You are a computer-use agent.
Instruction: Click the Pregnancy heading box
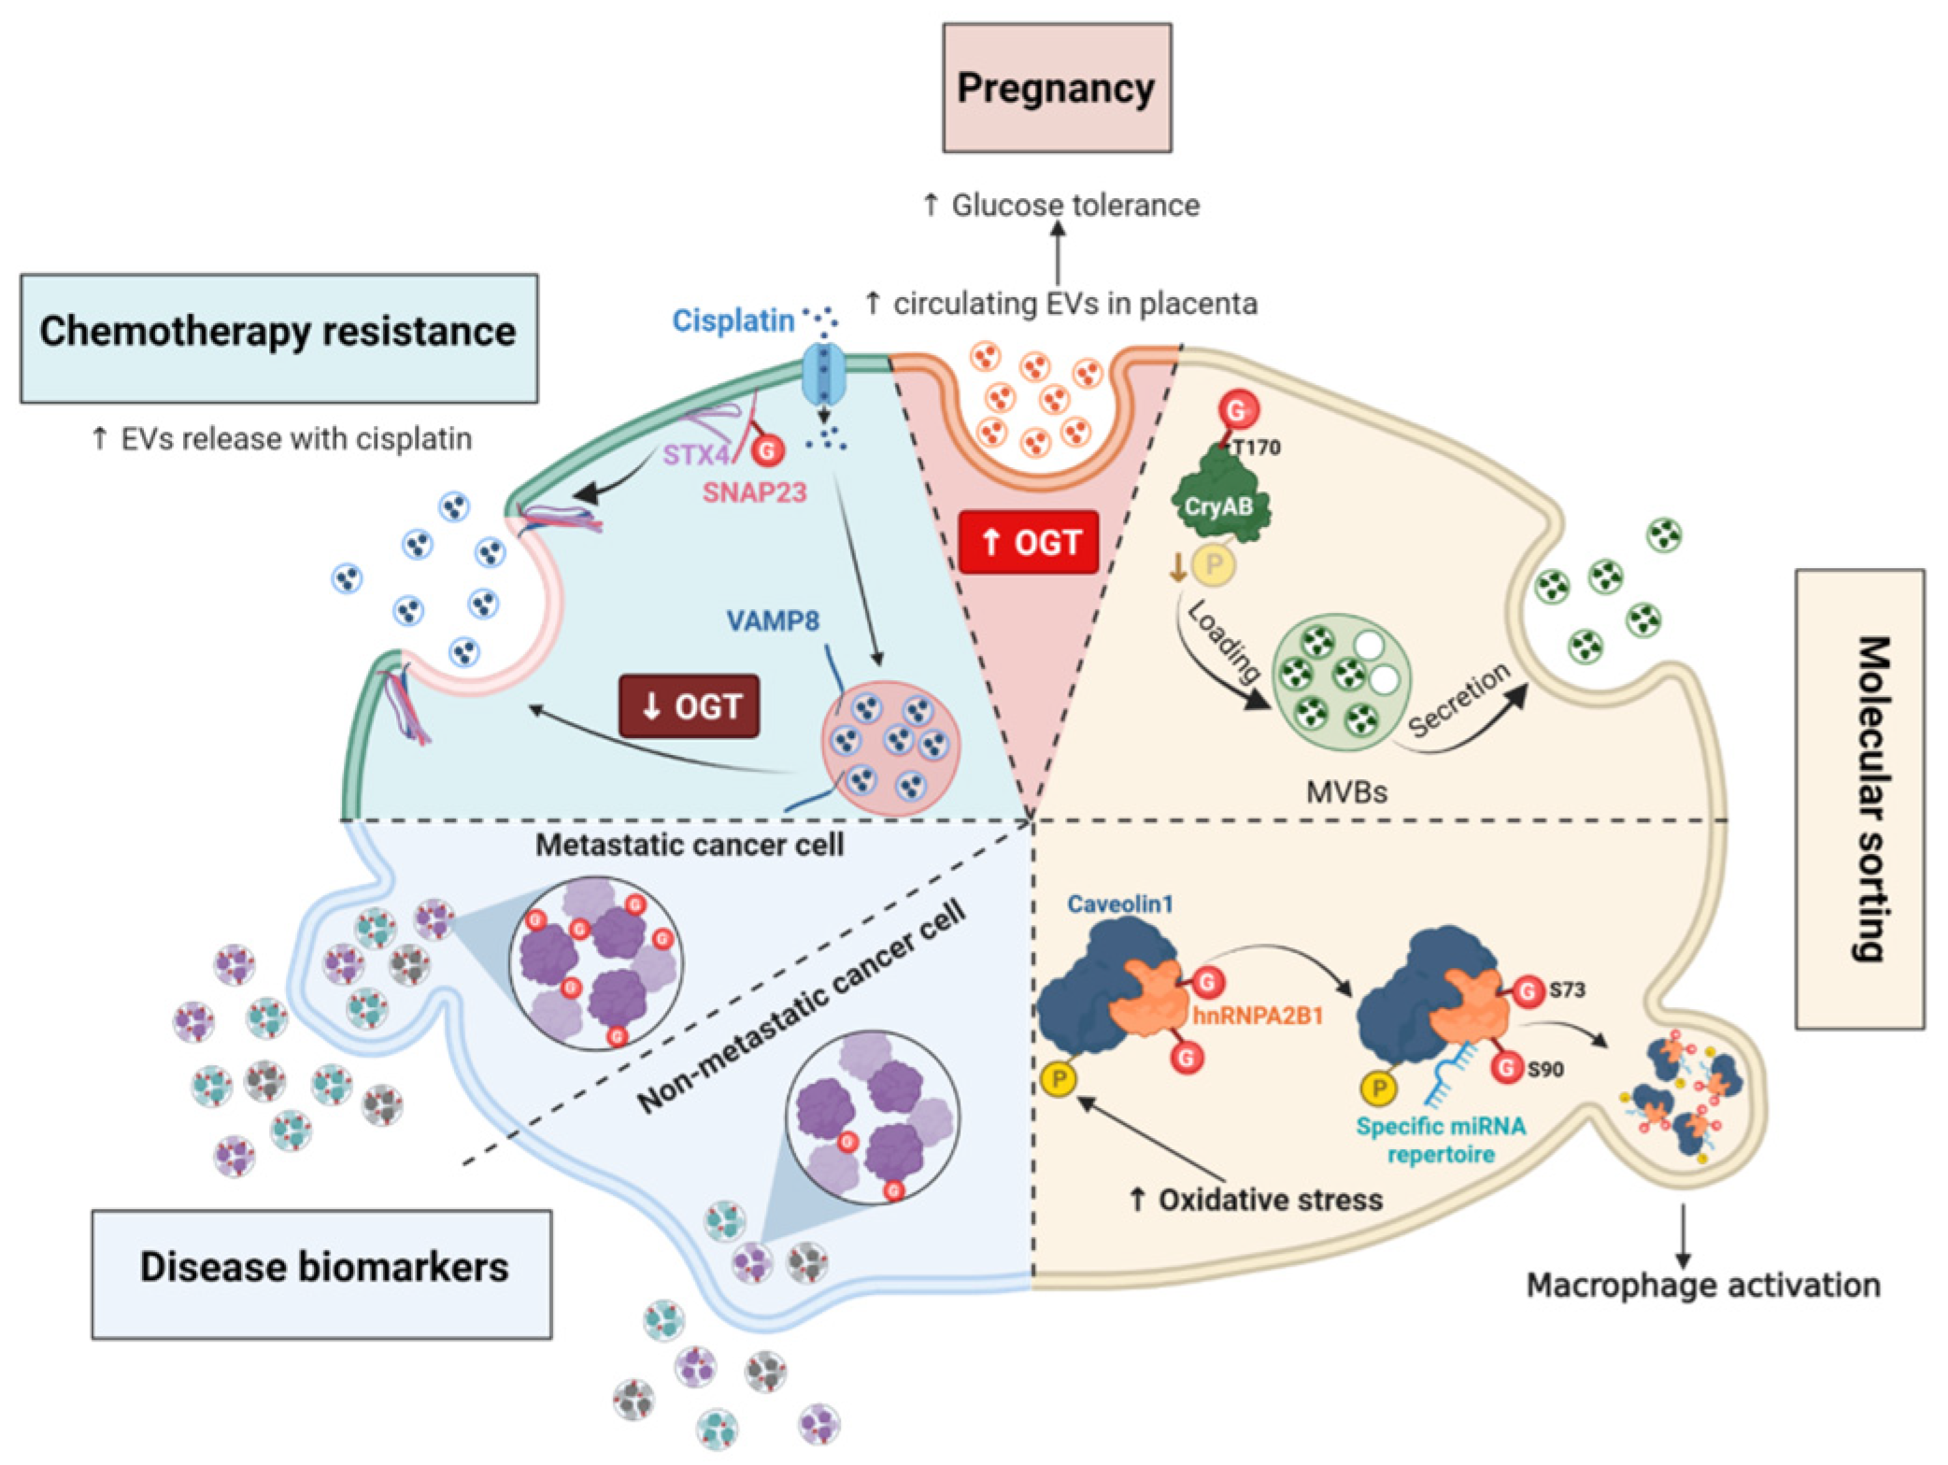click(1056, 88)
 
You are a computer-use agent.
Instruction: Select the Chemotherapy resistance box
click(278, 337)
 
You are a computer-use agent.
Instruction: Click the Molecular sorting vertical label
click(1859, 799)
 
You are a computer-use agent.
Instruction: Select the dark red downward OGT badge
click(690, 706)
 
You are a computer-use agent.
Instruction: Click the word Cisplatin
click(732, 321)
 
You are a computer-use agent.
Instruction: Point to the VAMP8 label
click(773, 620)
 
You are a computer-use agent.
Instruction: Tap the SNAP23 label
click(754, 491)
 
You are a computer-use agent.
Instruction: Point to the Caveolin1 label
click(1119, 903)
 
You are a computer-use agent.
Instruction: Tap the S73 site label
click(1567, 989)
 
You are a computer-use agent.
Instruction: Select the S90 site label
click(1544, 1069)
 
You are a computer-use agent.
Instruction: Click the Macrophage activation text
click(1702, 1285)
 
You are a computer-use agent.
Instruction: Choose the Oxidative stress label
click(1257, 1199)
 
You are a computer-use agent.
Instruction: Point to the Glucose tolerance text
click(1061, 205)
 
